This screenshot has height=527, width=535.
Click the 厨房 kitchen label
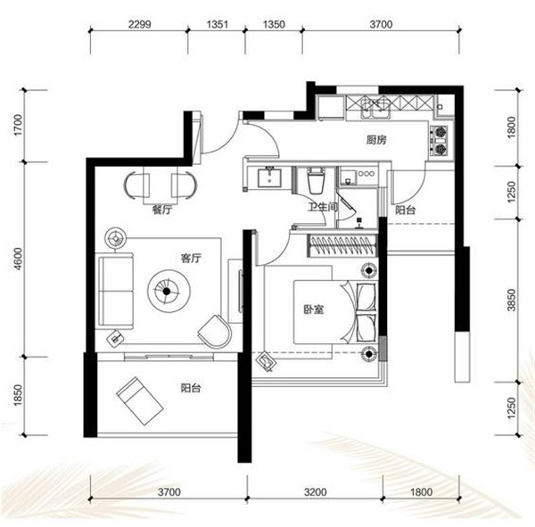click(x=376, y=140)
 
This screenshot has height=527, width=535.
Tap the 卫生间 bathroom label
click(x=323, y=207)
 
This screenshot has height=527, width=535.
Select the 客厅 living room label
click(x=191, y=258)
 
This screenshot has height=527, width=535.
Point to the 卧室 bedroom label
click(x=314, y=309)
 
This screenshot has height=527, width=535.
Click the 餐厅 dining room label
click(x=162, y=210)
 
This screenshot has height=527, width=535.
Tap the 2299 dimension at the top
click(x=139, y=24)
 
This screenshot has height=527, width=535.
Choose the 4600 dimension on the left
click(x=18, y=259)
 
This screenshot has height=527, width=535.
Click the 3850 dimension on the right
click(x=511, y=300)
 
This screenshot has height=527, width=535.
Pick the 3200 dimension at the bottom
click(x=316, y=492)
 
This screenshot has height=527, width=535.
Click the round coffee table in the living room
click(x=169, y=292)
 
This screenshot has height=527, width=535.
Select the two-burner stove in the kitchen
click(x=440, y=141)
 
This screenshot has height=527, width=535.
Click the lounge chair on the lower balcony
click(x=140, y=400)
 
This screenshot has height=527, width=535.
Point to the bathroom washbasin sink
click(x=269, y=177)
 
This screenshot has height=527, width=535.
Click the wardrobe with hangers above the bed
click(x=342, y=245)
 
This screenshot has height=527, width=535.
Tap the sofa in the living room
click(x=114, y=292)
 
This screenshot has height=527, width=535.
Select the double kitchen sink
click(x=375, y=108)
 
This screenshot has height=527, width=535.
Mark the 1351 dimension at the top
click(x=217, y=24)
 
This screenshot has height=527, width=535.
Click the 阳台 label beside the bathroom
click(x=406, y=210)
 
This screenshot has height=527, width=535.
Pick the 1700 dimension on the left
click(x=18, y=125)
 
